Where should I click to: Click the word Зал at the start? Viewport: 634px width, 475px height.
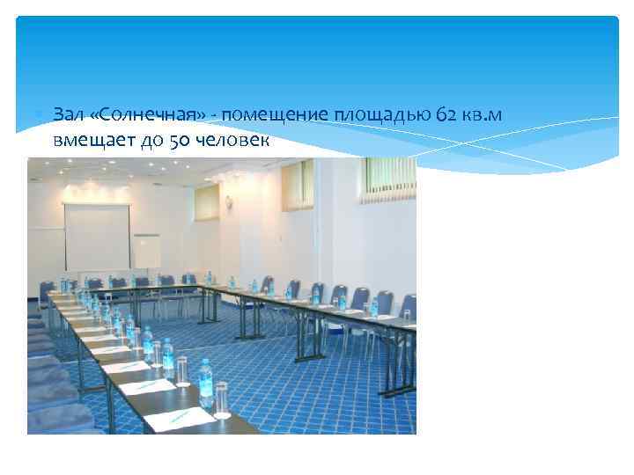tap(67, 115)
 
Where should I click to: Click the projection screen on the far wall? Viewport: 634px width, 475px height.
tap(97, 236)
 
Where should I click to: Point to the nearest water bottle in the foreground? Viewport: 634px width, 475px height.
tap(206, 393)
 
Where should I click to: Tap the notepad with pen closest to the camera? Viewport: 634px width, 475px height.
tap(177, 419)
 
